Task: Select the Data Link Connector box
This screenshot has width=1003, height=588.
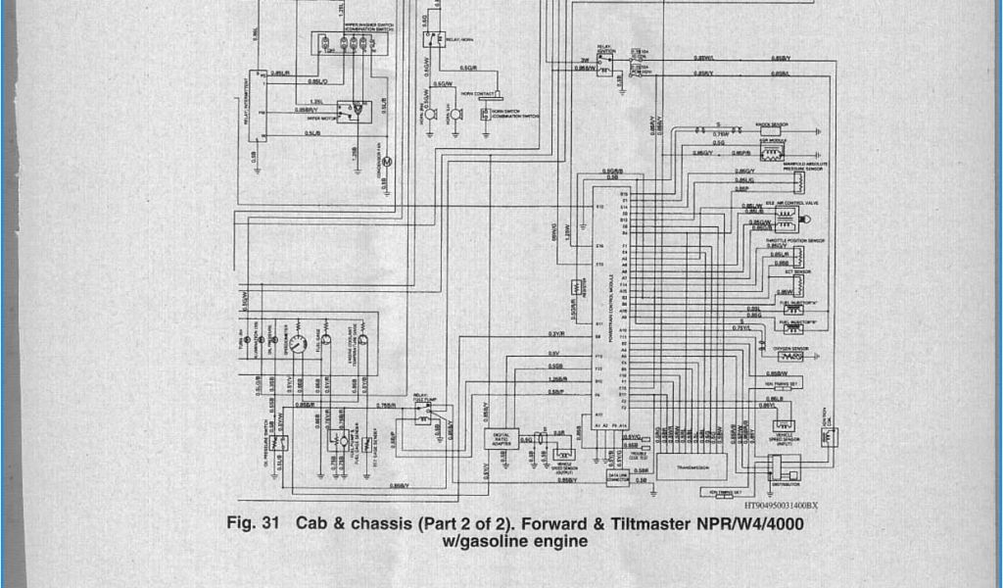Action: click(618, 477)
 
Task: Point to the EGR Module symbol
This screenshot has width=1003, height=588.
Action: click(773, 154)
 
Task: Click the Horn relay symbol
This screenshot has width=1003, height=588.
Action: click(432, 39)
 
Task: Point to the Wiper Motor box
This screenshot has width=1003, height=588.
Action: click(350, 112)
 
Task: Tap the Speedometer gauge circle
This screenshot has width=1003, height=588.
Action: click(302, 342)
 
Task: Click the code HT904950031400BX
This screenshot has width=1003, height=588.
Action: click(780, 506)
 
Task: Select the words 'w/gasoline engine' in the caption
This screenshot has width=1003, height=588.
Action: click(515, 540)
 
